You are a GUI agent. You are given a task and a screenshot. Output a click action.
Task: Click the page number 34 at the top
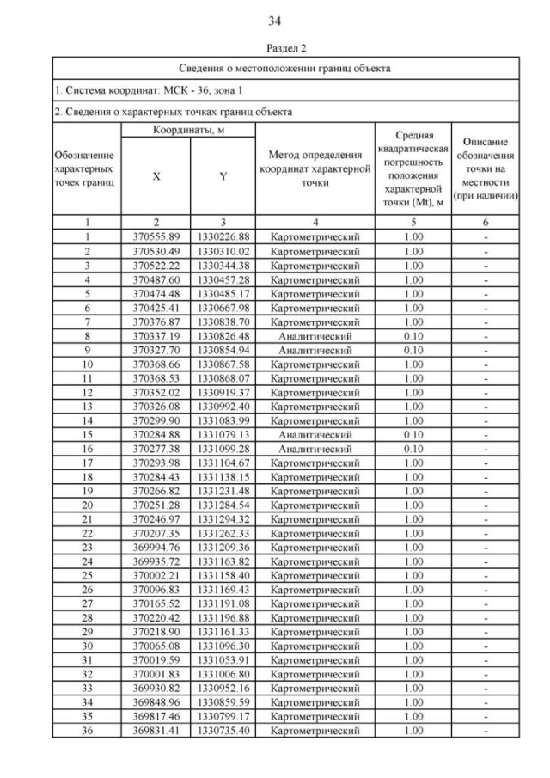(275, 21)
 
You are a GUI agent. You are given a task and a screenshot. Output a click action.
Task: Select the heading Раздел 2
(275, 51)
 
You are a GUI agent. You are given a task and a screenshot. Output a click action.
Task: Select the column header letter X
(156, 176)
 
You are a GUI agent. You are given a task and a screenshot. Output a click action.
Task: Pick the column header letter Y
(223, 176)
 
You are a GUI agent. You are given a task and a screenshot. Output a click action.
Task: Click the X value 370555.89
(156, 236)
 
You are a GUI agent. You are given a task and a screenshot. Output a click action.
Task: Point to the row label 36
(88, 731)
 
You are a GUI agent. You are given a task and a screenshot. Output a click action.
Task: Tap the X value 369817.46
(156, 716)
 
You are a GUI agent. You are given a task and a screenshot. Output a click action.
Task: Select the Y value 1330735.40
(223, 731)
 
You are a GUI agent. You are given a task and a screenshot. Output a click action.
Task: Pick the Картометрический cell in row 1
(315, 236)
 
